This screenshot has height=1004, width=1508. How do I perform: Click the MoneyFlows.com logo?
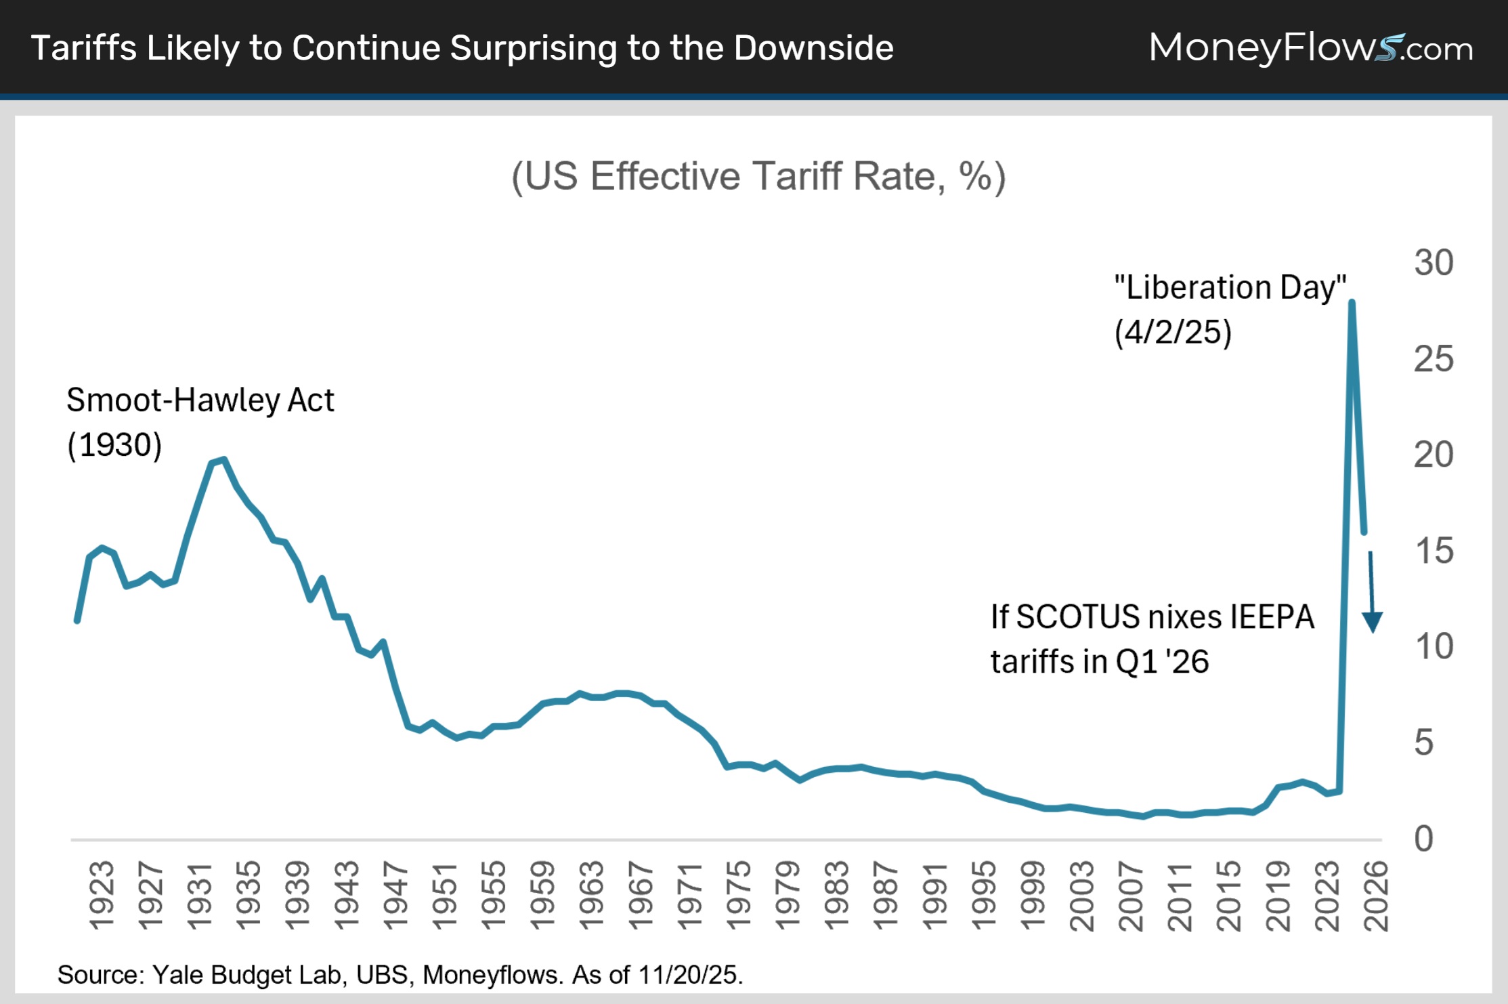[x=1310, y=48]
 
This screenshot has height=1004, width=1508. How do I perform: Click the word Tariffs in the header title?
[x=84, y=48]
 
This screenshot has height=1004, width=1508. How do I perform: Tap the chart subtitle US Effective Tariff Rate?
[x=758, y=177]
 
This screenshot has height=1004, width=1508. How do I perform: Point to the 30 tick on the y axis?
[x=1434, y=263]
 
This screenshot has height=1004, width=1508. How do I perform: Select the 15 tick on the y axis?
[x=1434, y=551]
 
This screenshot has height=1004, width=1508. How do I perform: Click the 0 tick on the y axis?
[x=1423, y=839]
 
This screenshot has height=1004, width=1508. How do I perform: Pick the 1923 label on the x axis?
[x=102, y=896]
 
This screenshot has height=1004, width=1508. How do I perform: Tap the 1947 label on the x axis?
[x=395, y=896]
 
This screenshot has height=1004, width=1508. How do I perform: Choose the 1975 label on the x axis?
[x=738, y=896]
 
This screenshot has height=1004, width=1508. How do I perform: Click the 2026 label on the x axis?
[x=1376, y=896]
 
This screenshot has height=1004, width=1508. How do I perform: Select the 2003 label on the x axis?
[x=1081, y=896]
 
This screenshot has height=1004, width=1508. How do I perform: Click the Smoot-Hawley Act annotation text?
[x=200, y=400]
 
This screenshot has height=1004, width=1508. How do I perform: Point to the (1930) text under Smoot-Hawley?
[x=114, y=445]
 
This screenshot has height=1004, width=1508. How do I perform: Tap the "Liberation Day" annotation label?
[x=1230, y=288]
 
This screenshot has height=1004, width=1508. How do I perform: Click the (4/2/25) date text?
[x=1173, y=333]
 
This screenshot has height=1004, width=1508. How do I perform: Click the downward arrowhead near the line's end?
[x=1373, y=621]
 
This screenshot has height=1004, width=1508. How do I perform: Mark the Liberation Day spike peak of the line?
[x=1352, y=302]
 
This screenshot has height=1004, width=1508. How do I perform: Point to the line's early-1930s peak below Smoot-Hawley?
[x=223, y=460]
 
